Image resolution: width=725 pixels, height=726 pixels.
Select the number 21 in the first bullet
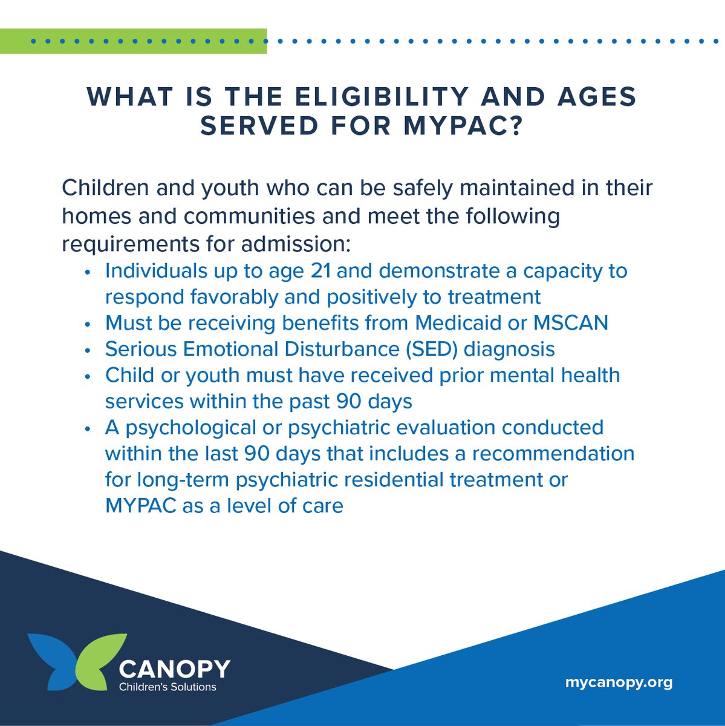[x=320, y=270]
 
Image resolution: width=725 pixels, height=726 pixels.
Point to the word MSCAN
[x=570, y=322]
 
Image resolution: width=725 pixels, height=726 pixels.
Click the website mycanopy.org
[x=619, y=682]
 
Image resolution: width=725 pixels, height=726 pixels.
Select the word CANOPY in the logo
[x=175, y=669]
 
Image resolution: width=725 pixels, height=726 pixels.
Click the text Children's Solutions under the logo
[x=167, y=687]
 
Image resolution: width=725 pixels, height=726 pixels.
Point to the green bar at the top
[x=133, y=41]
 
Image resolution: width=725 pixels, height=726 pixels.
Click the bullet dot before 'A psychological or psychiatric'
[x=88, y=429]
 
